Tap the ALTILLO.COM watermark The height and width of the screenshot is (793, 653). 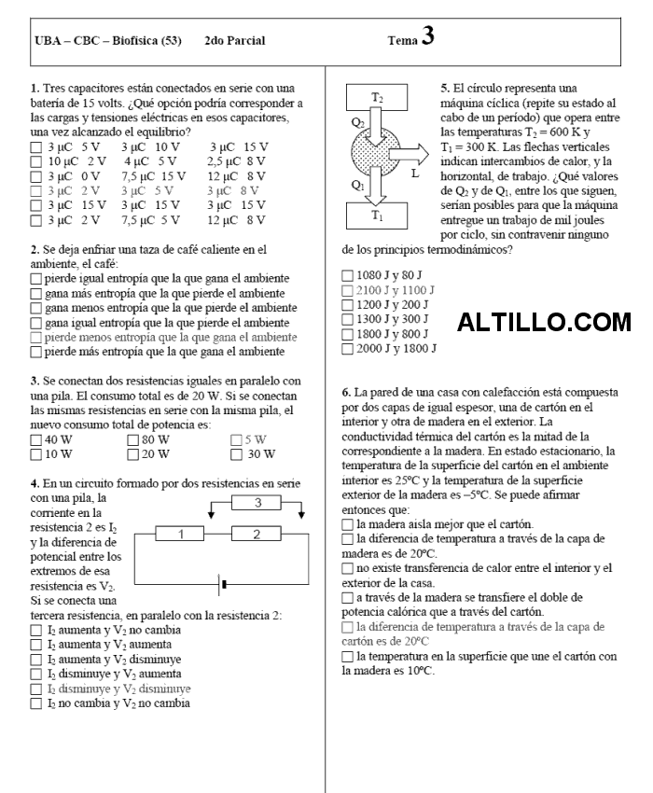click(545, 323)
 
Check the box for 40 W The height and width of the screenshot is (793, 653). click(36, 439)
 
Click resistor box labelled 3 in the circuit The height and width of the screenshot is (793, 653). click(257, 503)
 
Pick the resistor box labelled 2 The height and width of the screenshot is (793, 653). click(257, 534)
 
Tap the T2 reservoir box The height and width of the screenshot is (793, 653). click(377, 97)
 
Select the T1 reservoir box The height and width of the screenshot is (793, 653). click(377, 215)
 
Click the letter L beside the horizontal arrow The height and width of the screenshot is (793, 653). click(415, 174)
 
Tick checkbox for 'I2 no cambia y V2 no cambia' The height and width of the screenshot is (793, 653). click(36, 703)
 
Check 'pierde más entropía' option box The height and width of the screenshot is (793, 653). click(36, 352)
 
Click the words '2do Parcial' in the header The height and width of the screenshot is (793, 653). click(233, 41)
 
